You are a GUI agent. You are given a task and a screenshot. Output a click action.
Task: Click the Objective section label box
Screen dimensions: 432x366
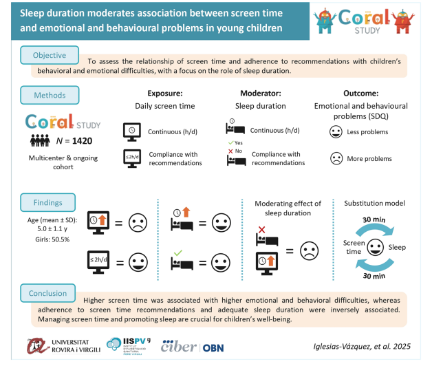click(50, 55)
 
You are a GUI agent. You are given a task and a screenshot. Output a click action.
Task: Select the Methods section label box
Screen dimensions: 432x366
click(50, 95)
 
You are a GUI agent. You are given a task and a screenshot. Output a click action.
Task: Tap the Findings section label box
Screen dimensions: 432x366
click(48, 202)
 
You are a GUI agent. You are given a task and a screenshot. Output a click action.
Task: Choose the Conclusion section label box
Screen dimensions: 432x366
click(48, 293)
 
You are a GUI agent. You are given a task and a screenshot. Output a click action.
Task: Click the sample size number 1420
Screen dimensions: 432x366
click(82, 141)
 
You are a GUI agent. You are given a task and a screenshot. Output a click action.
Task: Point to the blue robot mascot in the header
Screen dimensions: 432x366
click(325, 21)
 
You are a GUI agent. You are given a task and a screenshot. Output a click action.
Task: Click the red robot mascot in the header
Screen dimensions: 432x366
click(403, 21)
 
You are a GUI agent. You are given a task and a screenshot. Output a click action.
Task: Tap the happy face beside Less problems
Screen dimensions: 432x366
click(336, 131)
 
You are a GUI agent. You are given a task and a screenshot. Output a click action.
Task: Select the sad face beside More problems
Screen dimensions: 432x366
click(336, 158)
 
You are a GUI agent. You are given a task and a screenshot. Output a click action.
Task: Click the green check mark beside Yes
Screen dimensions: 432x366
click(231, 143)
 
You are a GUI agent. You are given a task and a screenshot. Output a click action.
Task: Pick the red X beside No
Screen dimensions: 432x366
click(230, 151)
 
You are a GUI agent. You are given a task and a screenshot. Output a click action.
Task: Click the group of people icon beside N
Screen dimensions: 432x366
click(40, 140)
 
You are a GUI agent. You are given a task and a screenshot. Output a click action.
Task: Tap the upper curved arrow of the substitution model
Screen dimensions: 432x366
click(375, 229)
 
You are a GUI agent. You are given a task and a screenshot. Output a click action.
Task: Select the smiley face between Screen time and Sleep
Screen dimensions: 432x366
click(375, 247)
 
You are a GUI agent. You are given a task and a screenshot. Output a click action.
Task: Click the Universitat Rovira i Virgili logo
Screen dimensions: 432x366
click(64, 346)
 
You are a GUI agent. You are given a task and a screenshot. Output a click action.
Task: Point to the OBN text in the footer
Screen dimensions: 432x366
click(213, 348)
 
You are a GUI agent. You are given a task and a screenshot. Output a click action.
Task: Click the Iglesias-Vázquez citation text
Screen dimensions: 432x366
click(362, 347)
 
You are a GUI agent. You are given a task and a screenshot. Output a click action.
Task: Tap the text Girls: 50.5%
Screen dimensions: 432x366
click(52, 239)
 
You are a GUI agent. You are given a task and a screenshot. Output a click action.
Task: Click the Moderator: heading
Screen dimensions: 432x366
click(261, 93)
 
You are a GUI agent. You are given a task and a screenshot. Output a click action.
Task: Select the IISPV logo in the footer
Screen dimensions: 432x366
click(129, 346)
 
